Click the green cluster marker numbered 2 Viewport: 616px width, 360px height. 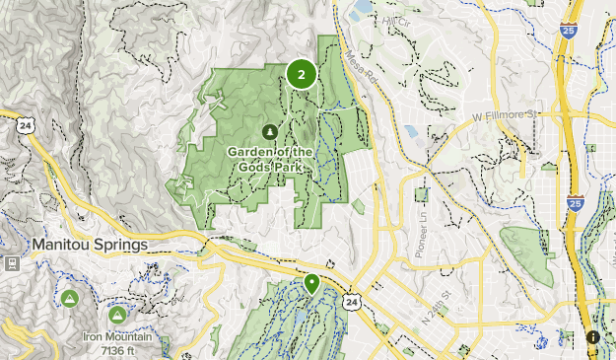click(x=301, y=73)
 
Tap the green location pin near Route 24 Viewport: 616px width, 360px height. click(x=312, y=284)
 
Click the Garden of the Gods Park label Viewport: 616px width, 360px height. click(x=270, y=159)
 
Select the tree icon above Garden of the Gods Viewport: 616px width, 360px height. click(x=270, y=130)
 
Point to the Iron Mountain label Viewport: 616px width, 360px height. click(x=117, y=337)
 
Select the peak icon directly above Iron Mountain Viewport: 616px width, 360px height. click(x=117, y=316)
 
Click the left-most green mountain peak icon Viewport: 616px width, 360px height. click(x=69, y=298)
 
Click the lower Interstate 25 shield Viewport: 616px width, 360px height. click(x=576, y=204)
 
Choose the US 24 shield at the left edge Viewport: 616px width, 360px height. click(x=24, y=123)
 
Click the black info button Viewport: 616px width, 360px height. click(x=592, y=336)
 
